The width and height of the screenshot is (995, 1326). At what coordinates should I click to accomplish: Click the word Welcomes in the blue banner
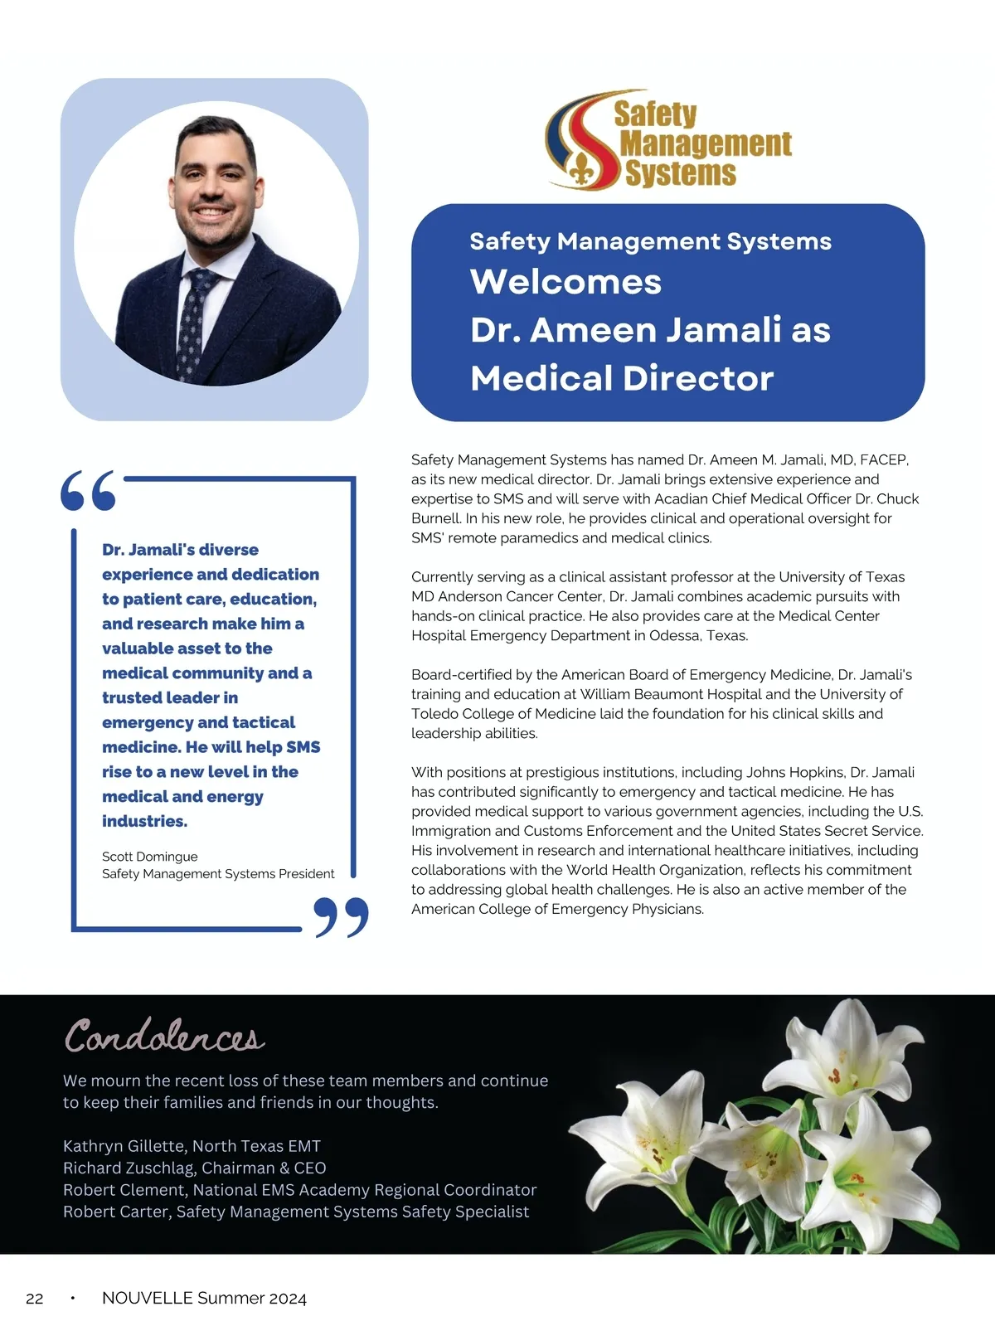coord(565,282)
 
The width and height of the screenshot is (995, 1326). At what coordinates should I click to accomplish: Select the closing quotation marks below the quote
coord(342,916)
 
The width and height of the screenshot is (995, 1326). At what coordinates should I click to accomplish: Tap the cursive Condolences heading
coord(164,1037)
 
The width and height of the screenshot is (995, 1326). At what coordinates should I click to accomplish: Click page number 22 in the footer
coord(35,1299)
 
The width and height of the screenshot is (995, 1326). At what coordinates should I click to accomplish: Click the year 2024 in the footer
coord(288,1299)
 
